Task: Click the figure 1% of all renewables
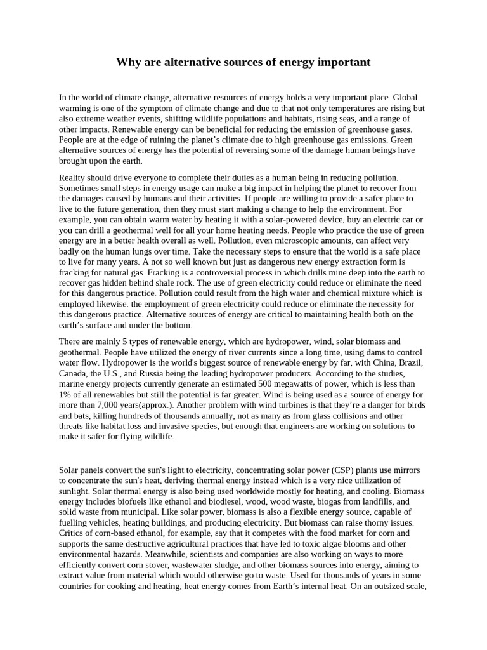(65, 394)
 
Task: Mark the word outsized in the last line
(382, 587)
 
